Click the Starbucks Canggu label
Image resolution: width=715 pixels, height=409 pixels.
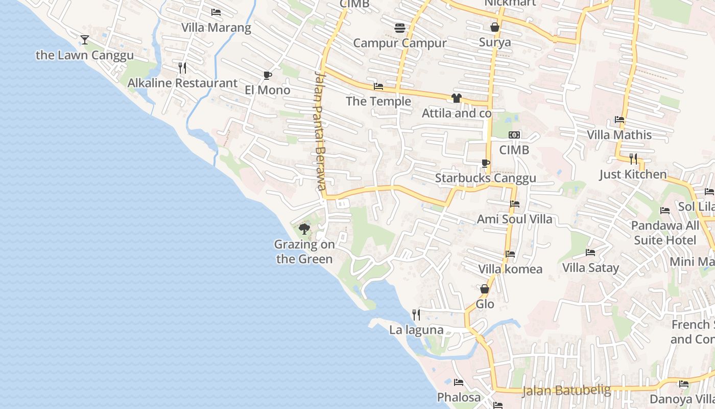485,178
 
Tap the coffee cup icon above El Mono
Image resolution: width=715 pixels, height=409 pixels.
267,76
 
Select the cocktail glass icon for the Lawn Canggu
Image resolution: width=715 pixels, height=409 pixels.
85,40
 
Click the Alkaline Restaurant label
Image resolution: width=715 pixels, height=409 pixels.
182,83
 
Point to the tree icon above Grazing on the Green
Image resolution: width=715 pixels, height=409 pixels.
304,229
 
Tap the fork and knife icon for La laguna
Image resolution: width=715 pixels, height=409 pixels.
416,315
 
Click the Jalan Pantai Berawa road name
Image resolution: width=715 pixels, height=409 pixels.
320,131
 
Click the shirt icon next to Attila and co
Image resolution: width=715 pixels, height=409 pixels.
457,98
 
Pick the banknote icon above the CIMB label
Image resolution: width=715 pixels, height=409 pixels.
514,135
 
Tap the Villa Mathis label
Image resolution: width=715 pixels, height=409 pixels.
619,135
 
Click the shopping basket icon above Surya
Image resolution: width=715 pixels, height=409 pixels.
494,27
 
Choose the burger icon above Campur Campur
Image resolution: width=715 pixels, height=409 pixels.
399,28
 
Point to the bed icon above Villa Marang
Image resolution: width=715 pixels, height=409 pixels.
216,12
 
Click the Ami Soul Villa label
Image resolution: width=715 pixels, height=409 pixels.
514,219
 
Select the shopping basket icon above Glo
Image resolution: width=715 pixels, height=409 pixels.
485,289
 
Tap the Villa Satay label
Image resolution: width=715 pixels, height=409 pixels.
590,268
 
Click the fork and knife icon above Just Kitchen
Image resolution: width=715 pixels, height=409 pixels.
633,158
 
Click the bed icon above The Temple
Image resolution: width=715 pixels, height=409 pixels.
378,86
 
